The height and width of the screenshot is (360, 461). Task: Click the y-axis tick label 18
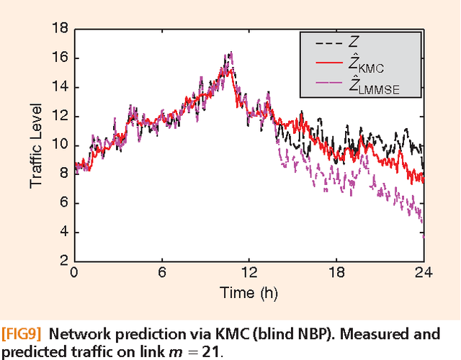(x=60, y=29)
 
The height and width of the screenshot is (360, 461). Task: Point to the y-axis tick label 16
(x=60, y=58)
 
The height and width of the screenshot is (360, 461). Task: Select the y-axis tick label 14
(x=60, y=87)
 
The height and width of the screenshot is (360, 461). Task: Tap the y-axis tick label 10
(x=60, y=145)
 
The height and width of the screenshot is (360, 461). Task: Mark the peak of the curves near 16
(x=230, y=53)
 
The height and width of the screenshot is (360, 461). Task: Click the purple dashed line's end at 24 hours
(x=424, y=235)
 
